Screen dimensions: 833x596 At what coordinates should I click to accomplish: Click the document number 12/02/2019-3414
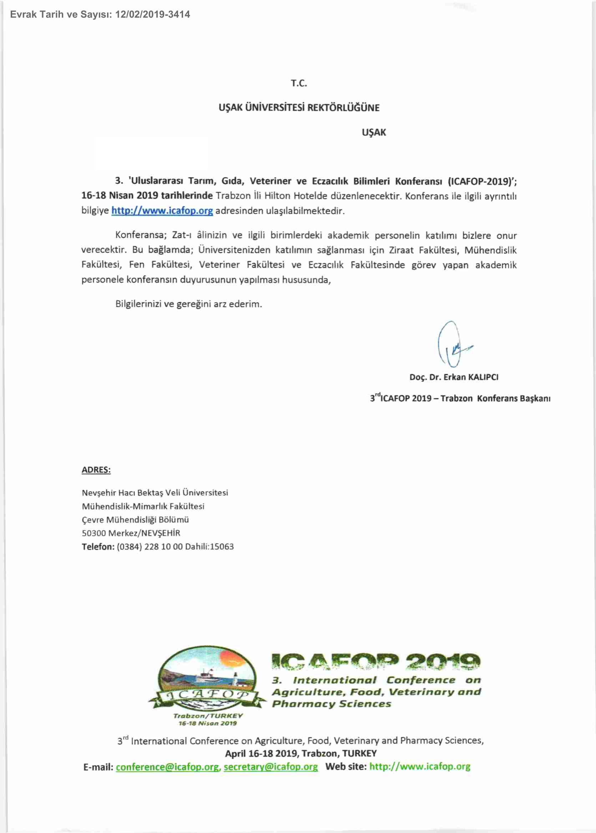152,15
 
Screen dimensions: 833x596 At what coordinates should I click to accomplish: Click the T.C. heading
299,83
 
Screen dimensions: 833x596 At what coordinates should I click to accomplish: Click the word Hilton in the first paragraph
277,196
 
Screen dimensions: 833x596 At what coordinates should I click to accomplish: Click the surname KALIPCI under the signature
483,377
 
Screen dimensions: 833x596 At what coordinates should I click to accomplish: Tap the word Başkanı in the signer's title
535,399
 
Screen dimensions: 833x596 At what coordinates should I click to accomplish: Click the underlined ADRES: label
96,470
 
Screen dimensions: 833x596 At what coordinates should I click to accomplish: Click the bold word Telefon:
98,547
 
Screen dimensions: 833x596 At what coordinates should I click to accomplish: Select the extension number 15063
222,547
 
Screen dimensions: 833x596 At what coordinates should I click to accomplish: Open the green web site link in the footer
419,767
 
